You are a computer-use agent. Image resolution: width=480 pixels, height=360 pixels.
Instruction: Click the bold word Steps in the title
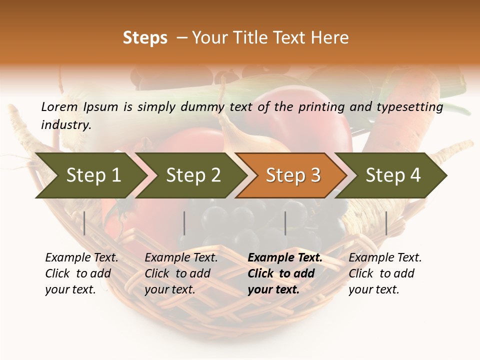(145, 38)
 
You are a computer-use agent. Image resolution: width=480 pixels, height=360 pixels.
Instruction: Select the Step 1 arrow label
(93, 175)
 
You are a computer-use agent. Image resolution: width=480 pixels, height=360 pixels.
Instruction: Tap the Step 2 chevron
(193, 175)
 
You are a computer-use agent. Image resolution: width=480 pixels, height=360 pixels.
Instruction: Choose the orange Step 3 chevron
(293, 175)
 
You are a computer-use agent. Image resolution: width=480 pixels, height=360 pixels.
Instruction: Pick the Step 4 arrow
(393, 175)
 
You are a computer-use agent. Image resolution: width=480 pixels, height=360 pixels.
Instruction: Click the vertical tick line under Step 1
(84, 223)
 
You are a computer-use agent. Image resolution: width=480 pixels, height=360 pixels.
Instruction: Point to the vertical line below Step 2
(184, 223)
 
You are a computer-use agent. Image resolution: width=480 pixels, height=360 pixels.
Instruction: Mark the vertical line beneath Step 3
(285, 223)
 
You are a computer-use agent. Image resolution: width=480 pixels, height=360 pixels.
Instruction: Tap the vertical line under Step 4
(386, 223)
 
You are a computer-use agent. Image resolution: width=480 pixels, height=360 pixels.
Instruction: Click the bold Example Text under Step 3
(285, 258)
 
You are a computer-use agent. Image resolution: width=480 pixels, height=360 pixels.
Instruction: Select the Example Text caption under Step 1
(81, 258)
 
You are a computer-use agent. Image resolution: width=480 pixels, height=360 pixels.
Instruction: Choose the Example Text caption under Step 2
(181, 258)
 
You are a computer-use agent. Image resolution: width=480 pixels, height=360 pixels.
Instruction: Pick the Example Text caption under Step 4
(385, 258)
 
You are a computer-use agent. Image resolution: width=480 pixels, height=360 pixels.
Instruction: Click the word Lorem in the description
(59, 107)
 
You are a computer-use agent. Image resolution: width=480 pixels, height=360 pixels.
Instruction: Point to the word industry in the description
(65, 125)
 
